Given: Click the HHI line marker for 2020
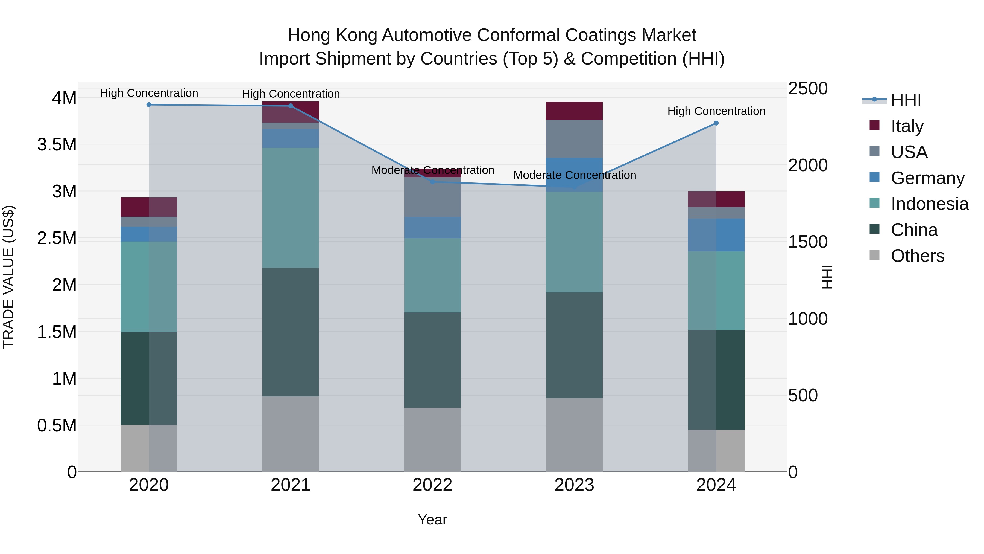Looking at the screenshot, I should (149, 105).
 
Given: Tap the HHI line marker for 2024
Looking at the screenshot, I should (716, 123).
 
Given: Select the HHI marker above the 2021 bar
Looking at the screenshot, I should (291, 106).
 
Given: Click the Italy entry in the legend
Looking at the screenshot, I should (907, 126).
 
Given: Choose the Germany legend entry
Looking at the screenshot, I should (927, 178).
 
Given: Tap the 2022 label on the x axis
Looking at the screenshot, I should (432, 485).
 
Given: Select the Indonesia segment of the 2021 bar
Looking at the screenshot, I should (291, 208).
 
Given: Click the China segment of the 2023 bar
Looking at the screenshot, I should (574, 345).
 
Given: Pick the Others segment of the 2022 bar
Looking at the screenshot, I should (432, 440).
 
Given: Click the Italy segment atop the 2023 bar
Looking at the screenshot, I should (574, 111).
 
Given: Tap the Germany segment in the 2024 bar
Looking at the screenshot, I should (716, 235).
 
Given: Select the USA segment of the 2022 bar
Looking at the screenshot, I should (432, 197).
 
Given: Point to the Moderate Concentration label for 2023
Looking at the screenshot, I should (575, 175).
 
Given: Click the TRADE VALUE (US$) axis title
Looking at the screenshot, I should (8, 277).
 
